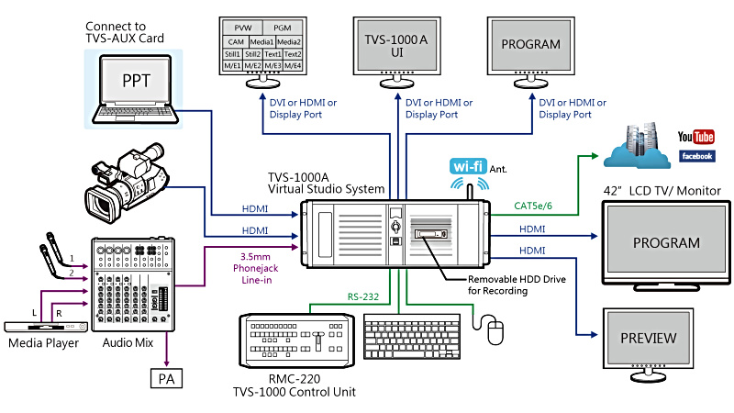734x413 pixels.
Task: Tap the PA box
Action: coord(166,376)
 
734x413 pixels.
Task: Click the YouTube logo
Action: coord(695,137)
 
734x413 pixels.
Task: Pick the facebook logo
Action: coord(696,156)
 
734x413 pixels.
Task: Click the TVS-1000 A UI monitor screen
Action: coord(395,47)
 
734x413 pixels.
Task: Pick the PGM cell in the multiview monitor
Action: coord(284,29)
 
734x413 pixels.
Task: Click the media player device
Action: coord(44,324)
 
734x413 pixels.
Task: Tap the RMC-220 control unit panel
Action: coord(295,340)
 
